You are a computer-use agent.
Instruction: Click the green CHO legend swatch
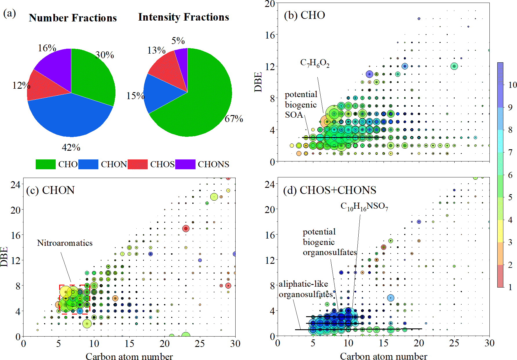click(46, 164)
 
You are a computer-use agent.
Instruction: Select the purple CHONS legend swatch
click(185, 164)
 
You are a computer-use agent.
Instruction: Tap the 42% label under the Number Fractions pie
click(71, 148)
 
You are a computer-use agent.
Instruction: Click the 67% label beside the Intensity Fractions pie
click(234, 119)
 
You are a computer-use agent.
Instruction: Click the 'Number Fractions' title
click(73, 18)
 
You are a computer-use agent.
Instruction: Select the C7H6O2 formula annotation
click(315, 63)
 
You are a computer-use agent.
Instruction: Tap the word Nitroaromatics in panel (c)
click(65, 243)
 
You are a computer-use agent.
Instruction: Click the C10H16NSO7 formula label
click(364, 206)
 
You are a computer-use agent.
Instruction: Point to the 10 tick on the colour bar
click(512, 85)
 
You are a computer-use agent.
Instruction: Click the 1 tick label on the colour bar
click(510, 287)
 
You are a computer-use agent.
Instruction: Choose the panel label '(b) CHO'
click(304, 15)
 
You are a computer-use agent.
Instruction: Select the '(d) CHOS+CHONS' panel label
click(330, 190)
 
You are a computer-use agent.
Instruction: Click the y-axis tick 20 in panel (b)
click(270, 4)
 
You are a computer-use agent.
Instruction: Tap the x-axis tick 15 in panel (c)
click(129, 344)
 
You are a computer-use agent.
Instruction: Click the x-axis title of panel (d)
click(384, 356)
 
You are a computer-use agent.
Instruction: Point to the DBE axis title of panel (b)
click(258, 82)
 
